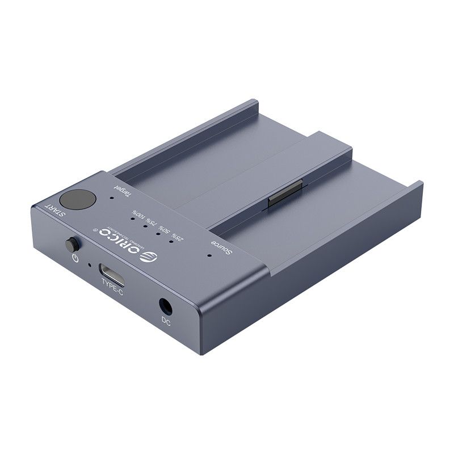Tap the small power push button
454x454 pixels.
point(71,246)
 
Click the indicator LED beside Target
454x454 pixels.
point(112,199)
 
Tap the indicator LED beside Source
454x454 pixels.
point(209,255)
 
